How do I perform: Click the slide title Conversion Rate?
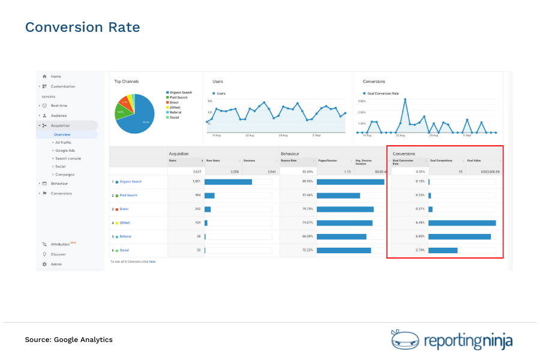(x=82, y=28)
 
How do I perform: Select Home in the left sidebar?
(x=56, y=77)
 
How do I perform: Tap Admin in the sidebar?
(x=56, y=264)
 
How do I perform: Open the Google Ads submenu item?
(x=65, y=151)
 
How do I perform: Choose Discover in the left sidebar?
(x=58, y=254)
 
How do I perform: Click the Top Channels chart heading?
(x=127, y=81)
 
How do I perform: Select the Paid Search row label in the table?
(x=128, y=195)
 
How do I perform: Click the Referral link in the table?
(x=125, y=236)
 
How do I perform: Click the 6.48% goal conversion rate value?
(x=420, y=223)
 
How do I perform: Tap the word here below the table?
(x=152, y=262)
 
